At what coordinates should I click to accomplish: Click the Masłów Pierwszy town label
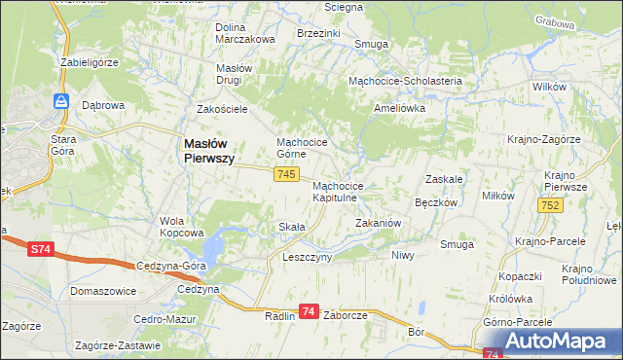tap(208, 150)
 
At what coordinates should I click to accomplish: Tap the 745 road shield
tap(285, 173)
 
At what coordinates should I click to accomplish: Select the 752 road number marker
tap(549, 204)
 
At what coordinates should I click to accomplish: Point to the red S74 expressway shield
tap(39, 250)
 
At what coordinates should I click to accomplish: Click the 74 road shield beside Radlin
tap(309, 311)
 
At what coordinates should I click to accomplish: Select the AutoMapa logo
tap(558, 341)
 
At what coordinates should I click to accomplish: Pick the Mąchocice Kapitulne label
tap(338, 191)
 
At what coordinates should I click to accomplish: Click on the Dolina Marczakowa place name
tap(245, 33)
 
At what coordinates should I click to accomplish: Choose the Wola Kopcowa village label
tap(181, 227)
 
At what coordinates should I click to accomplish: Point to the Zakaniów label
tap(378, 223)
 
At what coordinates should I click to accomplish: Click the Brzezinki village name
tap(318, 32)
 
